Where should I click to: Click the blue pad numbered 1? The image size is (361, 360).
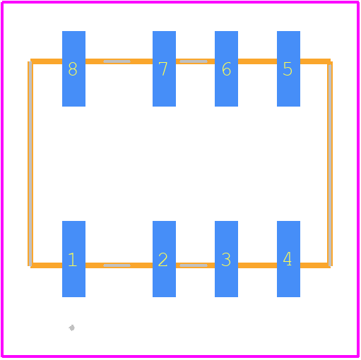pos(73,259)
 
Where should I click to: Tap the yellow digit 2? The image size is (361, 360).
pos(163,260)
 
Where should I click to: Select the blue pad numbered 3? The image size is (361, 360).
pos(226,259)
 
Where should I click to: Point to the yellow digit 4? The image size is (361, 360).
pos(288,259)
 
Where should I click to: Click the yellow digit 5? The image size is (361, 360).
pos(288,69)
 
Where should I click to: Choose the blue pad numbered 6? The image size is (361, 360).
pos(226,68)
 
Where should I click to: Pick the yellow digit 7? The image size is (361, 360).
pos(163,68)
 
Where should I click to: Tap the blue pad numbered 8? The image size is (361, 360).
pos(73,68)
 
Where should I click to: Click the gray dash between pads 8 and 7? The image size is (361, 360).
pos(117,61)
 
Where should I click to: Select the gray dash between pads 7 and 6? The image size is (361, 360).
pos(194,61)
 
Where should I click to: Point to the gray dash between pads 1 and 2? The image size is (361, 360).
pos(117,265)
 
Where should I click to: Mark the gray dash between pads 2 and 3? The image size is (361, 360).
pos(194,265)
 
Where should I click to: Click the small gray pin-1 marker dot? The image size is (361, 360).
pos(72,328)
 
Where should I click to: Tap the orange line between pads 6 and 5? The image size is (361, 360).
pos(257,61)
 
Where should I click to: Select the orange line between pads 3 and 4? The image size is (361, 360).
pos(257,265)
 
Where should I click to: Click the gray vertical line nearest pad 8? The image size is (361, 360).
pos(30,164)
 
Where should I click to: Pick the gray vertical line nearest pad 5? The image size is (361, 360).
pos(330,164)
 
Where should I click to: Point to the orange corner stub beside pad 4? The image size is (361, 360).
pos(315,265)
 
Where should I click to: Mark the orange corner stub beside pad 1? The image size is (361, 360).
pos(47,265)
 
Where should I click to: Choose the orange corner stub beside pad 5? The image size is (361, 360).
pos(315,61)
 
